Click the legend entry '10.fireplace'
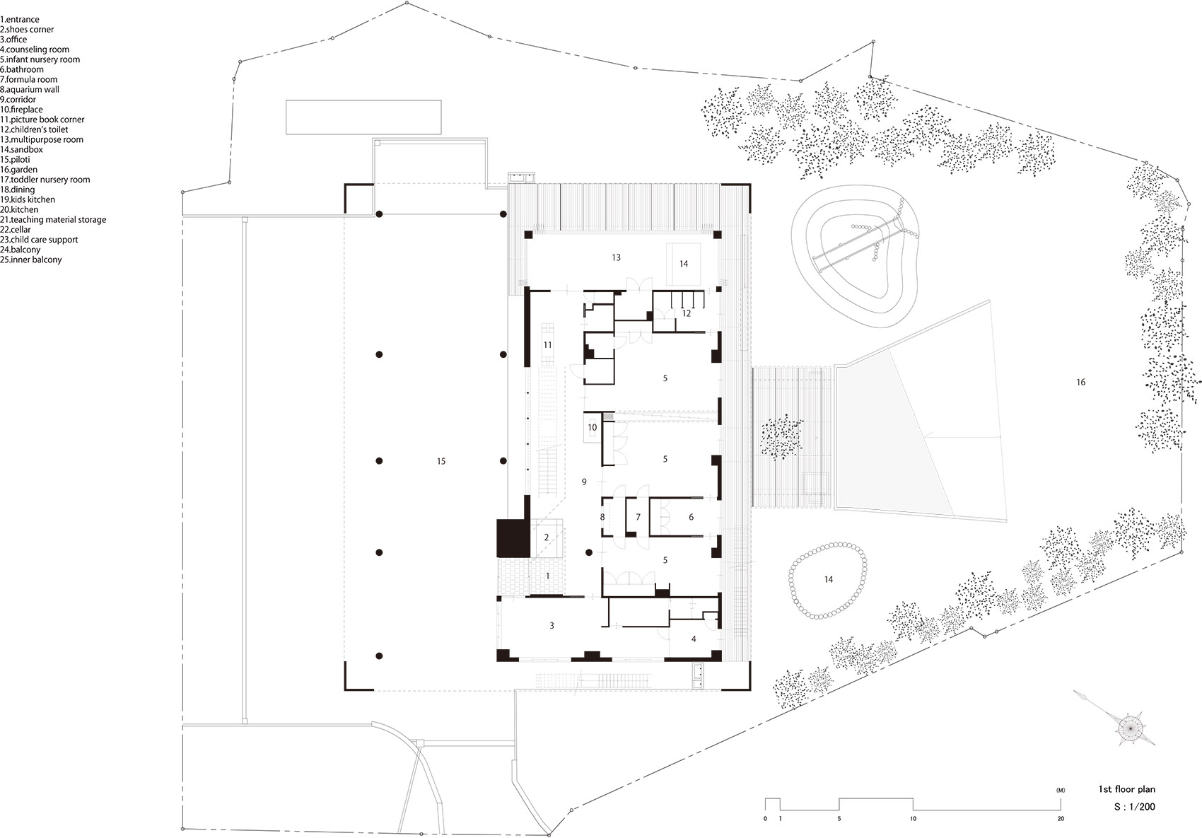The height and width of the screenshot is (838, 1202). [x=21, y=110]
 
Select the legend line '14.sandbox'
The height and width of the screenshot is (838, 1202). [x=21, y=150]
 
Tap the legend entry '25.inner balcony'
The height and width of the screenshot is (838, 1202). [x=31, y=260]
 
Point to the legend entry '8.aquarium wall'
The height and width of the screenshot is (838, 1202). [x=30, y=90]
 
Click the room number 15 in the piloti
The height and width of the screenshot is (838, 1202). [x=441, y=462]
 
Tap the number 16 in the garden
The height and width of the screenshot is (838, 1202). [x=1080, y=383]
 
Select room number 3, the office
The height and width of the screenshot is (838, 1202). [x=552, y=626]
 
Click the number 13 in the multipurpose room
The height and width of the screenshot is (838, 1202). [x=616, y=258]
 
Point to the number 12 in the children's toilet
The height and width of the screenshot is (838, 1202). [x=686, y=313]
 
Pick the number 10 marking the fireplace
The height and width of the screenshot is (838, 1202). [x=593, y=428]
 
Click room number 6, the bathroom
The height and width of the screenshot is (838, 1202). [x=691, y=518]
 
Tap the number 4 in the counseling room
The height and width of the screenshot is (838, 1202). [x=694, y=639]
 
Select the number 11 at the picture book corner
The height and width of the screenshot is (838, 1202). [x=547, y=345]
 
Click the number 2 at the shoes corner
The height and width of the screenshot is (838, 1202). [x=547, y=537]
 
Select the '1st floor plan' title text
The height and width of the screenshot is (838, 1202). [x=1126, y=789]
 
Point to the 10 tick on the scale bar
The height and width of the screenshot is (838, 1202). [x=913, y=819]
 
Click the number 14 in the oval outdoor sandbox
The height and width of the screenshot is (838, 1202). [x=828, y=580]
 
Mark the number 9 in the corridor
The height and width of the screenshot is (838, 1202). [x=584, y=482]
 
